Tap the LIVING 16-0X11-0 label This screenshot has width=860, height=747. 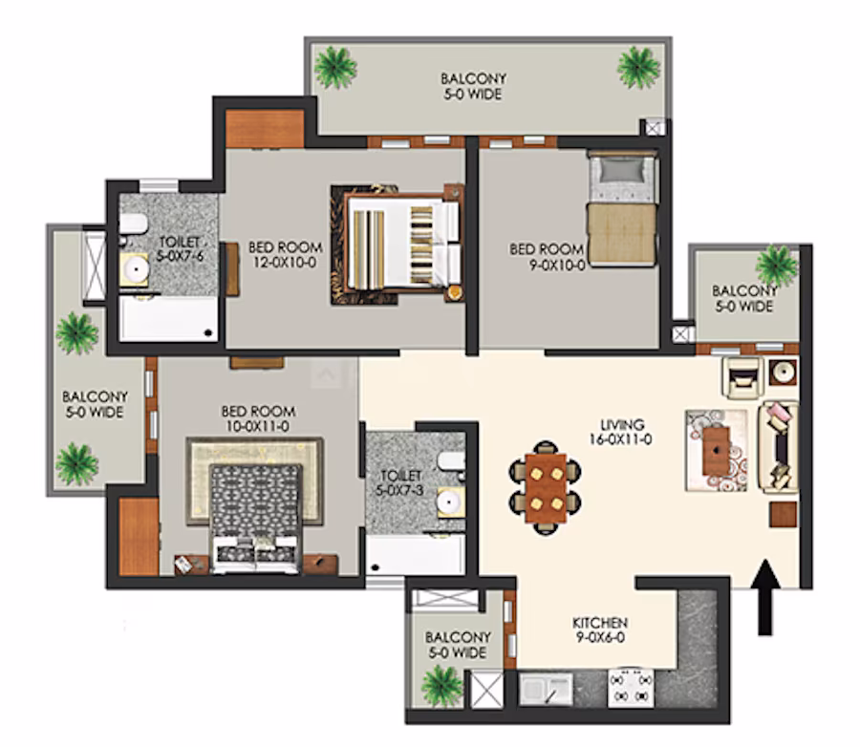pos(621,432)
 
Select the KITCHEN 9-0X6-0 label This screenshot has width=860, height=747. pos(600,630)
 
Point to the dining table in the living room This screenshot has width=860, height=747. pos(546,488)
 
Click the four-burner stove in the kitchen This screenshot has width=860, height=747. pos(631,688)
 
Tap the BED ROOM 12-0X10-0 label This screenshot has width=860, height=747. pos(285,255)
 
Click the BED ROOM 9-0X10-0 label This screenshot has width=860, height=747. pos(547,257)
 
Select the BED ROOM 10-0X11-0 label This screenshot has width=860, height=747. pos(258,418)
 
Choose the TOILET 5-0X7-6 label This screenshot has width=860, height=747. pos(180,248)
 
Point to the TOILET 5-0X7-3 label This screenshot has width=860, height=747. pos(400,482)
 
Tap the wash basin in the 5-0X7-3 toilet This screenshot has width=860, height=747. pos(450,502)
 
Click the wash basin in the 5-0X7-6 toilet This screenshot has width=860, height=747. pos(135,269)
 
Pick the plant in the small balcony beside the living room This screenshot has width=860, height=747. pos(776,266)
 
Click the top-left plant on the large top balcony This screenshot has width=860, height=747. pos(335,68)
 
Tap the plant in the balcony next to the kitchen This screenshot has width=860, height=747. pos(442,686)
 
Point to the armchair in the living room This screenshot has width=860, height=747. pos(742,376)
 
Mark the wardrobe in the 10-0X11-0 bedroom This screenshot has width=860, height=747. pos(139,537)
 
